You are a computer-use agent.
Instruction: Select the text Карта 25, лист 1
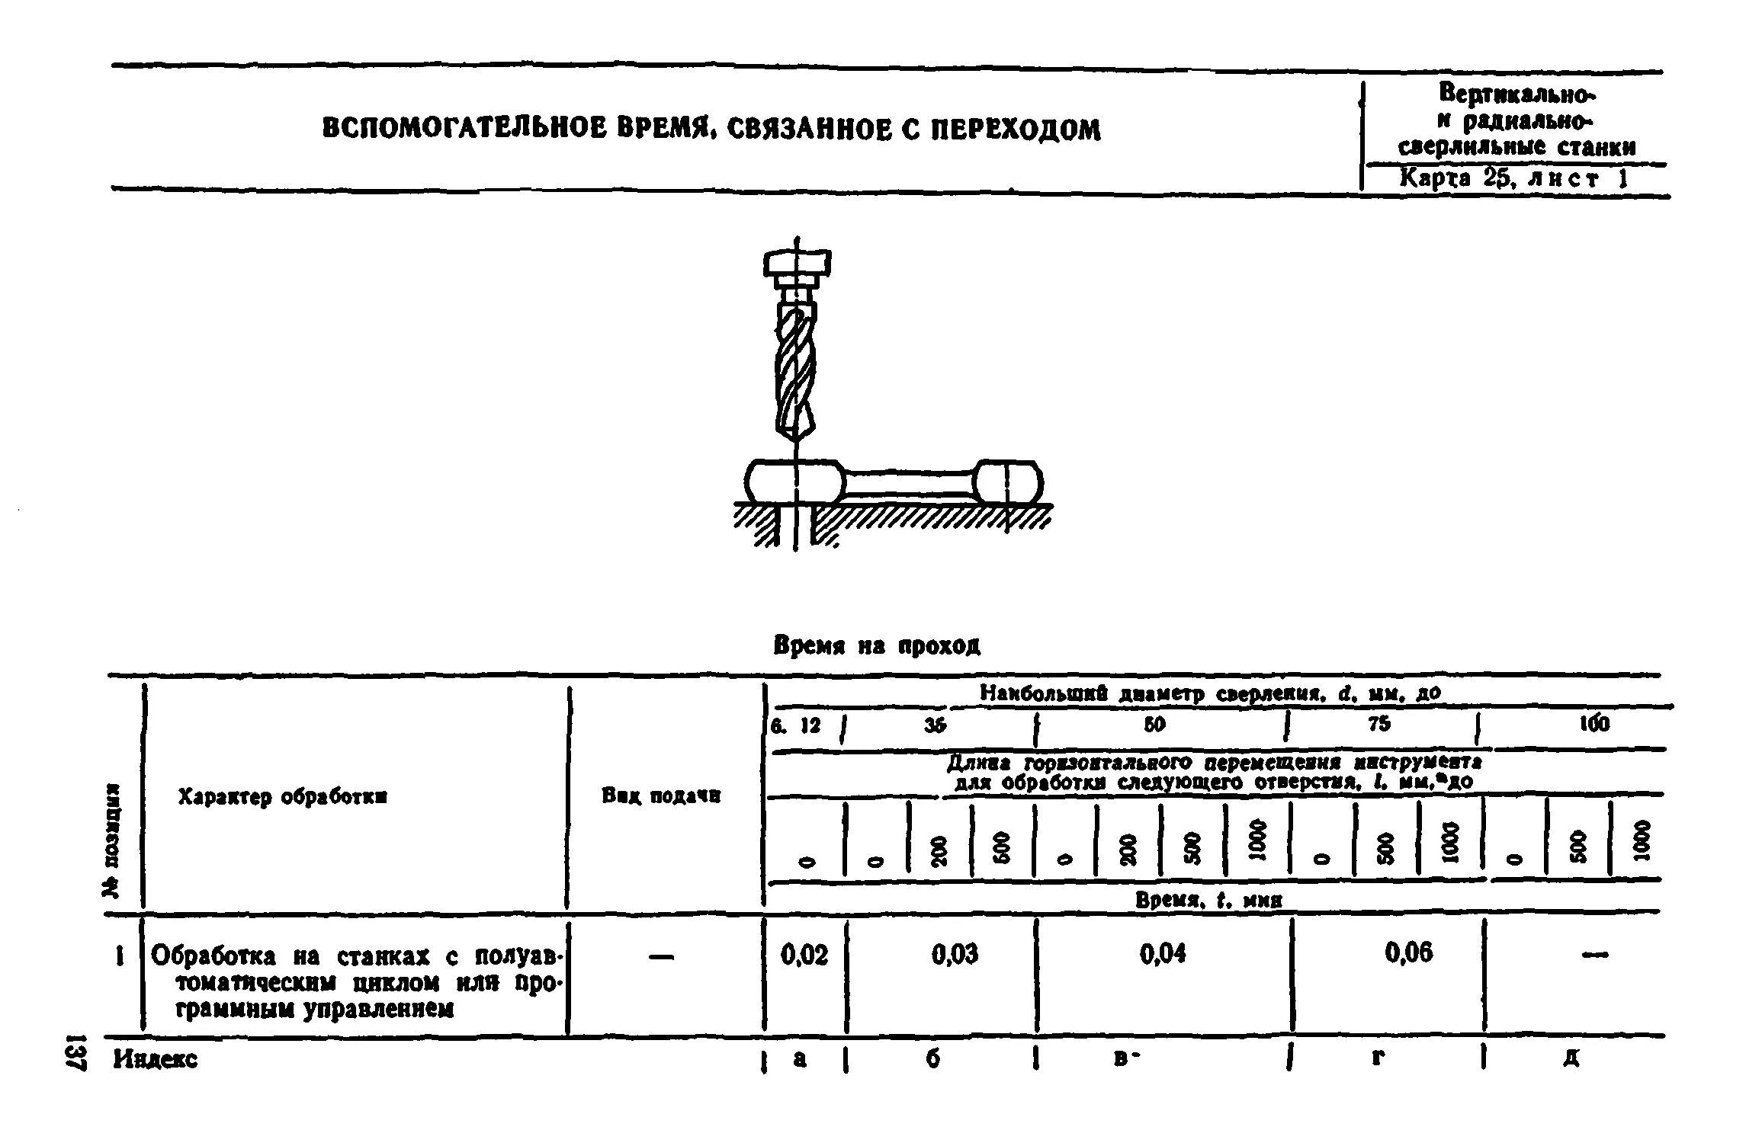pyautogui.click(x=1513, y=179)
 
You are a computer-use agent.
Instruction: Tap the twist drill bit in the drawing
pyautogui.click(x=795, y=373)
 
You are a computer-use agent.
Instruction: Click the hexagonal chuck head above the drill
pyautogui.click(x=797, y=264)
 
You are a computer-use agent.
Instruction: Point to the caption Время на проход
pyautogui.click(x=877, y=646)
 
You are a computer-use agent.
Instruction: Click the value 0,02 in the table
pyautogui.click(x=804, y=954)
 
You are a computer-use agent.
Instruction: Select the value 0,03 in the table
pyautogui.click(x=955, y=954)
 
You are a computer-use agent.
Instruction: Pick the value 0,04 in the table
pyautogui.click(x=1163, y=954)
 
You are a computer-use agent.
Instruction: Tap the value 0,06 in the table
pyautogui.click(x=1408, y=952)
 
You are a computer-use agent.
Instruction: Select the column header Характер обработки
pyautogui.click(x=283, y=797)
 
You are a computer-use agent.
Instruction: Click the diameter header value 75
pyautogui.click(x=1379, y=724)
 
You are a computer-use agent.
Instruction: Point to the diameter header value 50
pyautogui.click(x=1154, y=725)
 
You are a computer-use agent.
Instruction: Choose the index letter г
pyautogui.click(x=1378, y=1058)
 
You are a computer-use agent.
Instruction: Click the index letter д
pyautogui.click(x=1571, y=1058)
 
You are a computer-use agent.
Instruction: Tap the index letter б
pyautogui.click(x=933, y=1058)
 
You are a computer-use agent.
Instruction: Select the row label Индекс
pyautogui.click(x=156, y=1059)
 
